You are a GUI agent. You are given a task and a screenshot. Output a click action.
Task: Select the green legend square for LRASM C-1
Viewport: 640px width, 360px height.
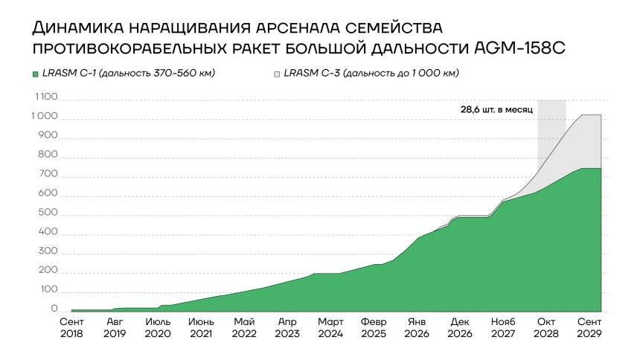pyautogui.click(x=34, y=74)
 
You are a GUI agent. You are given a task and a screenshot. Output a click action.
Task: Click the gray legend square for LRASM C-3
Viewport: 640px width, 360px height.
pyautogui.click(x=277, y=74)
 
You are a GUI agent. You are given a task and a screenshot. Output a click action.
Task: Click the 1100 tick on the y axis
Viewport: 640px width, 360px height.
pyautogui.click(x=46, y=97)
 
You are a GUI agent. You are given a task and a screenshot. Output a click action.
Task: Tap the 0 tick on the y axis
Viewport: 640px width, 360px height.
pyautogui.click(x=54, y=309)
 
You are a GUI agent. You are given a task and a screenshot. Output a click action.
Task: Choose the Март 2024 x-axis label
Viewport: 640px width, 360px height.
pyautogui.click(x=330, y=329)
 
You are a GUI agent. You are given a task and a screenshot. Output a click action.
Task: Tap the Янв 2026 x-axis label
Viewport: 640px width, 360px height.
pyautogui.click(x=417, y=329)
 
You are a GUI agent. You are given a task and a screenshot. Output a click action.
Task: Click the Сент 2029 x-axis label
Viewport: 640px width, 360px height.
pyautogui.click(x=589, y=329)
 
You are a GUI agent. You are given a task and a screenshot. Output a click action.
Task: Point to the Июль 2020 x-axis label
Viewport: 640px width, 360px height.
pyautogui.click(x=158, y=329)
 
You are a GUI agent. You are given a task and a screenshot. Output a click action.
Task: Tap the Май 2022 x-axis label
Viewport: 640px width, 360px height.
pyautogui.click(x=244, y=329)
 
